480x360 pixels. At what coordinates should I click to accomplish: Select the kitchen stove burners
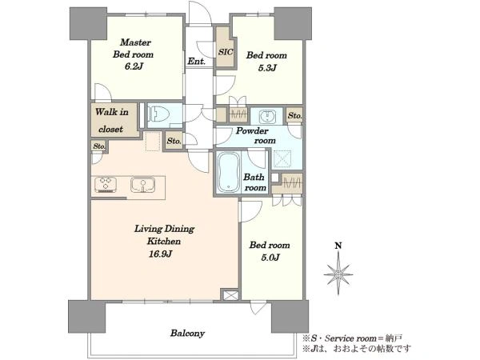(106, 184)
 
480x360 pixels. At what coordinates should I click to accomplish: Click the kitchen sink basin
(142, 185)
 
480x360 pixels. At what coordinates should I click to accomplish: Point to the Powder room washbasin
(266, 116)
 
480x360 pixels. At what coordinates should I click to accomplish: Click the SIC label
(226, 52)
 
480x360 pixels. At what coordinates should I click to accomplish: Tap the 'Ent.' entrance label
(196, 62)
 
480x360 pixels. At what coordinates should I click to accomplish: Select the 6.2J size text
(134, 66)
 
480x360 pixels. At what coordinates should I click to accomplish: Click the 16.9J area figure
(161, 254)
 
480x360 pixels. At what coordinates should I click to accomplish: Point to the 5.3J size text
(267, 68)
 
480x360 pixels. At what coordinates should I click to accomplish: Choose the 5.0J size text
(270, 258)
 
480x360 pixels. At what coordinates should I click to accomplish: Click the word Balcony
(187, 333)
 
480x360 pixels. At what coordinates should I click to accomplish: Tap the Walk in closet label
(111, 120)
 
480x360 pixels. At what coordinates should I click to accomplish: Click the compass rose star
(338, 274)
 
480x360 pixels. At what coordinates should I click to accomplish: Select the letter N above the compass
(338, 246)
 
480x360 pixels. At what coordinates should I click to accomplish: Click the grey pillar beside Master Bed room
(89, 23)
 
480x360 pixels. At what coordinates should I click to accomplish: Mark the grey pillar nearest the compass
(290, 317)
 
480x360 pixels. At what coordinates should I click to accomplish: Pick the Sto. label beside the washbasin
(294, 116)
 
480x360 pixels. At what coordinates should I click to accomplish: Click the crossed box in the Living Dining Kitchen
(230, 294)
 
